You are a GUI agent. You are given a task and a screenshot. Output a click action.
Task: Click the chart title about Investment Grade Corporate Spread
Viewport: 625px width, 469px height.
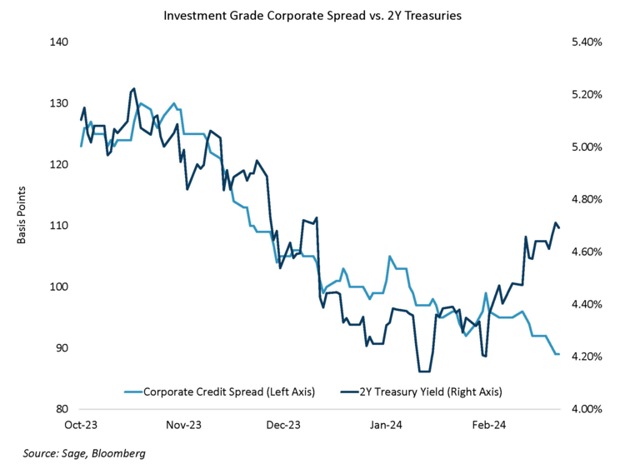(312, 15)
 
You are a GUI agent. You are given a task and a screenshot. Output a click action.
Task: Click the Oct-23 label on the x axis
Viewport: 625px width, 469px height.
(81, 425)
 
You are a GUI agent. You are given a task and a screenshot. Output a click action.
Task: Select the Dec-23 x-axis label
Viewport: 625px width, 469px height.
(283, 425)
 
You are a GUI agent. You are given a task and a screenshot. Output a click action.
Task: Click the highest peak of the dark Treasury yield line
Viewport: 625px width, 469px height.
(133, 88)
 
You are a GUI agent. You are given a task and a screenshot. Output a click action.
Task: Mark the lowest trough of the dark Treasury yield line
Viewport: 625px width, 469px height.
(423, 372)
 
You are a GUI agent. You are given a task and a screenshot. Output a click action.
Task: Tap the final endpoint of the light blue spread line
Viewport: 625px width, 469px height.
(558, 354)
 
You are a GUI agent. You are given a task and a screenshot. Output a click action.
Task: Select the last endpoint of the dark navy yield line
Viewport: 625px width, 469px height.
(559, 227)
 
